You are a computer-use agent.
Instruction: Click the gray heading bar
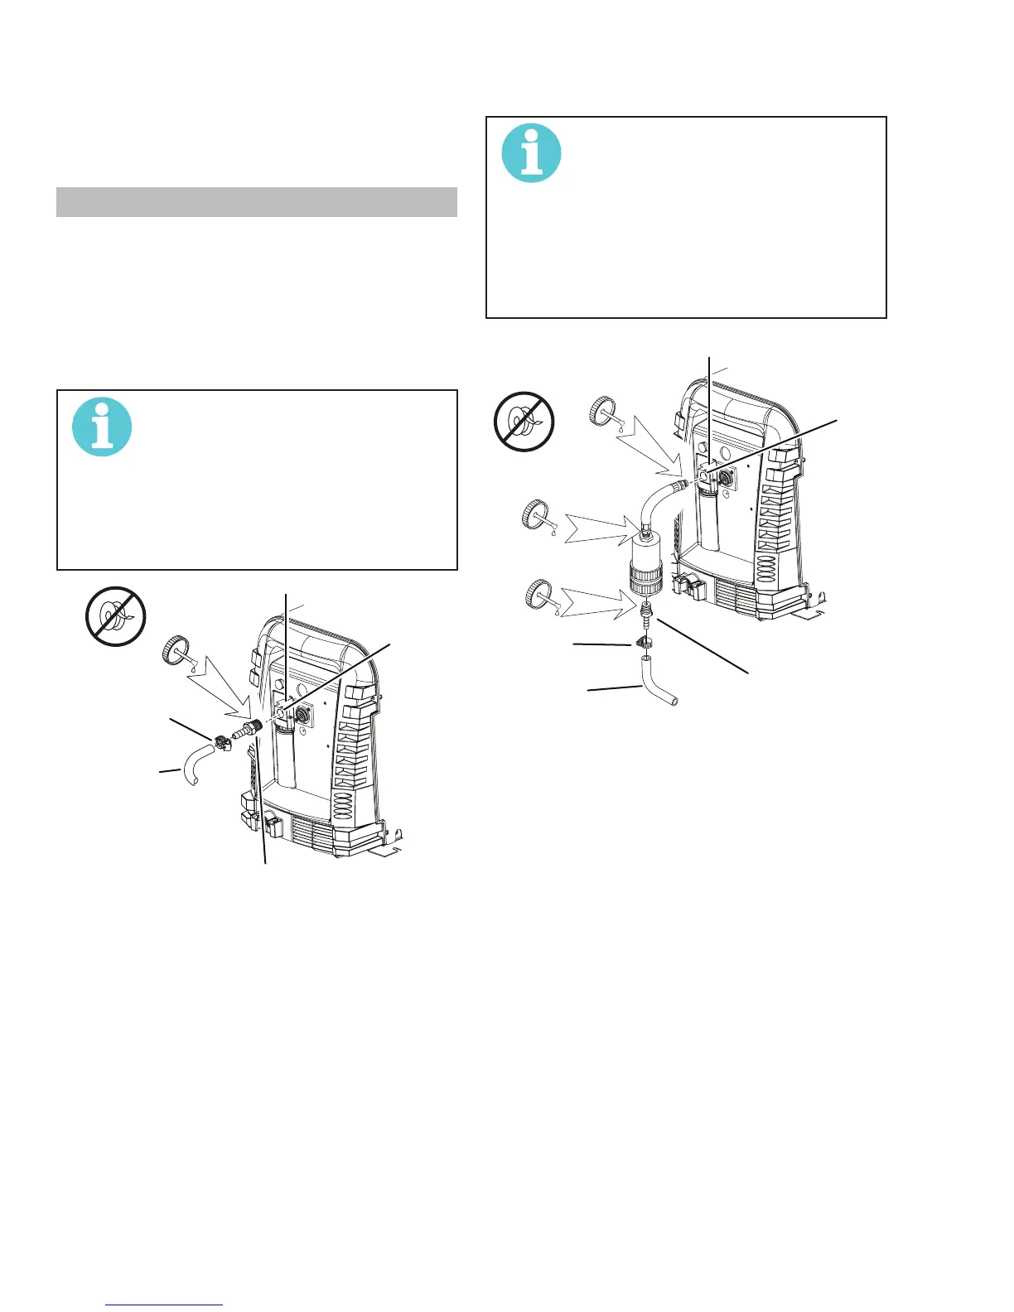257,202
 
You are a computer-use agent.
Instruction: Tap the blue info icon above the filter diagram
532,153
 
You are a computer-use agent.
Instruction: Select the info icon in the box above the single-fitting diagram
102,427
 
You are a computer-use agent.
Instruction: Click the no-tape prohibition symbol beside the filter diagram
524,422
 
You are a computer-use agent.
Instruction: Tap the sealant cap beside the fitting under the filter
538,595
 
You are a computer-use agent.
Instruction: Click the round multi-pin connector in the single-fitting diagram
303,710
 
